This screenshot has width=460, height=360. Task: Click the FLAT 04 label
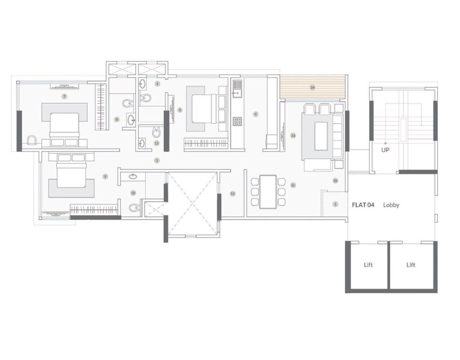tap(363, 205)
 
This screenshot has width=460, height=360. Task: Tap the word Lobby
tap(391, 205)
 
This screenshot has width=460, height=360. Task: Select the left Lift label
tap(368, 265)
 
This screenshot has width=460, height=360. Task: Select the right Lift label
tap(410, 265)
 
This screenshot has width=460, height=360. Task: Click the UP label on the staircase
tap(385, 150)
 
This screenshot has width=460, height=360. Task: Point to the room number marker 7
tap(64, 96)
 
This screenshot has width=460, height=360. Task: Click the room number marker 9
tap(105, 177)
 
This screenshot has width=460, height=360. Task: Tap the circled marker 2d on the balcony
tap(312, 87)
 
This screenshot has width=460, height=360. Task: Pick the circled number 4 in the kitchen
tap(255, 114)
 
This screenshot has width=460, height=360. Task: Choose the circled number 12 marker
tap(232, 193)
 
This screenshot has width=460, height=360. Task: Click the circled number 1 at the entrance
tap(335, 204)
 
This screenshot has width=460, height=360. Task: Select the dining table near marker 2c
tap(268, 191)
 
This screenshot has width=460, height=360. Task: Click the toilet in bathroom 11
tap(156, 132)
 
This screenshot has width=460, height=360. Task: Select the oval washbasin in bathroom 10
tap(134, 177)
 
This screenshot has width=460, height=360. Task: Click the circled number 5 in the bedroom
tap(180, 110)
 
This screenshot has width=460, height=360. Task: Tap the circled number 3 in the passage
tap(157, 160)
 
